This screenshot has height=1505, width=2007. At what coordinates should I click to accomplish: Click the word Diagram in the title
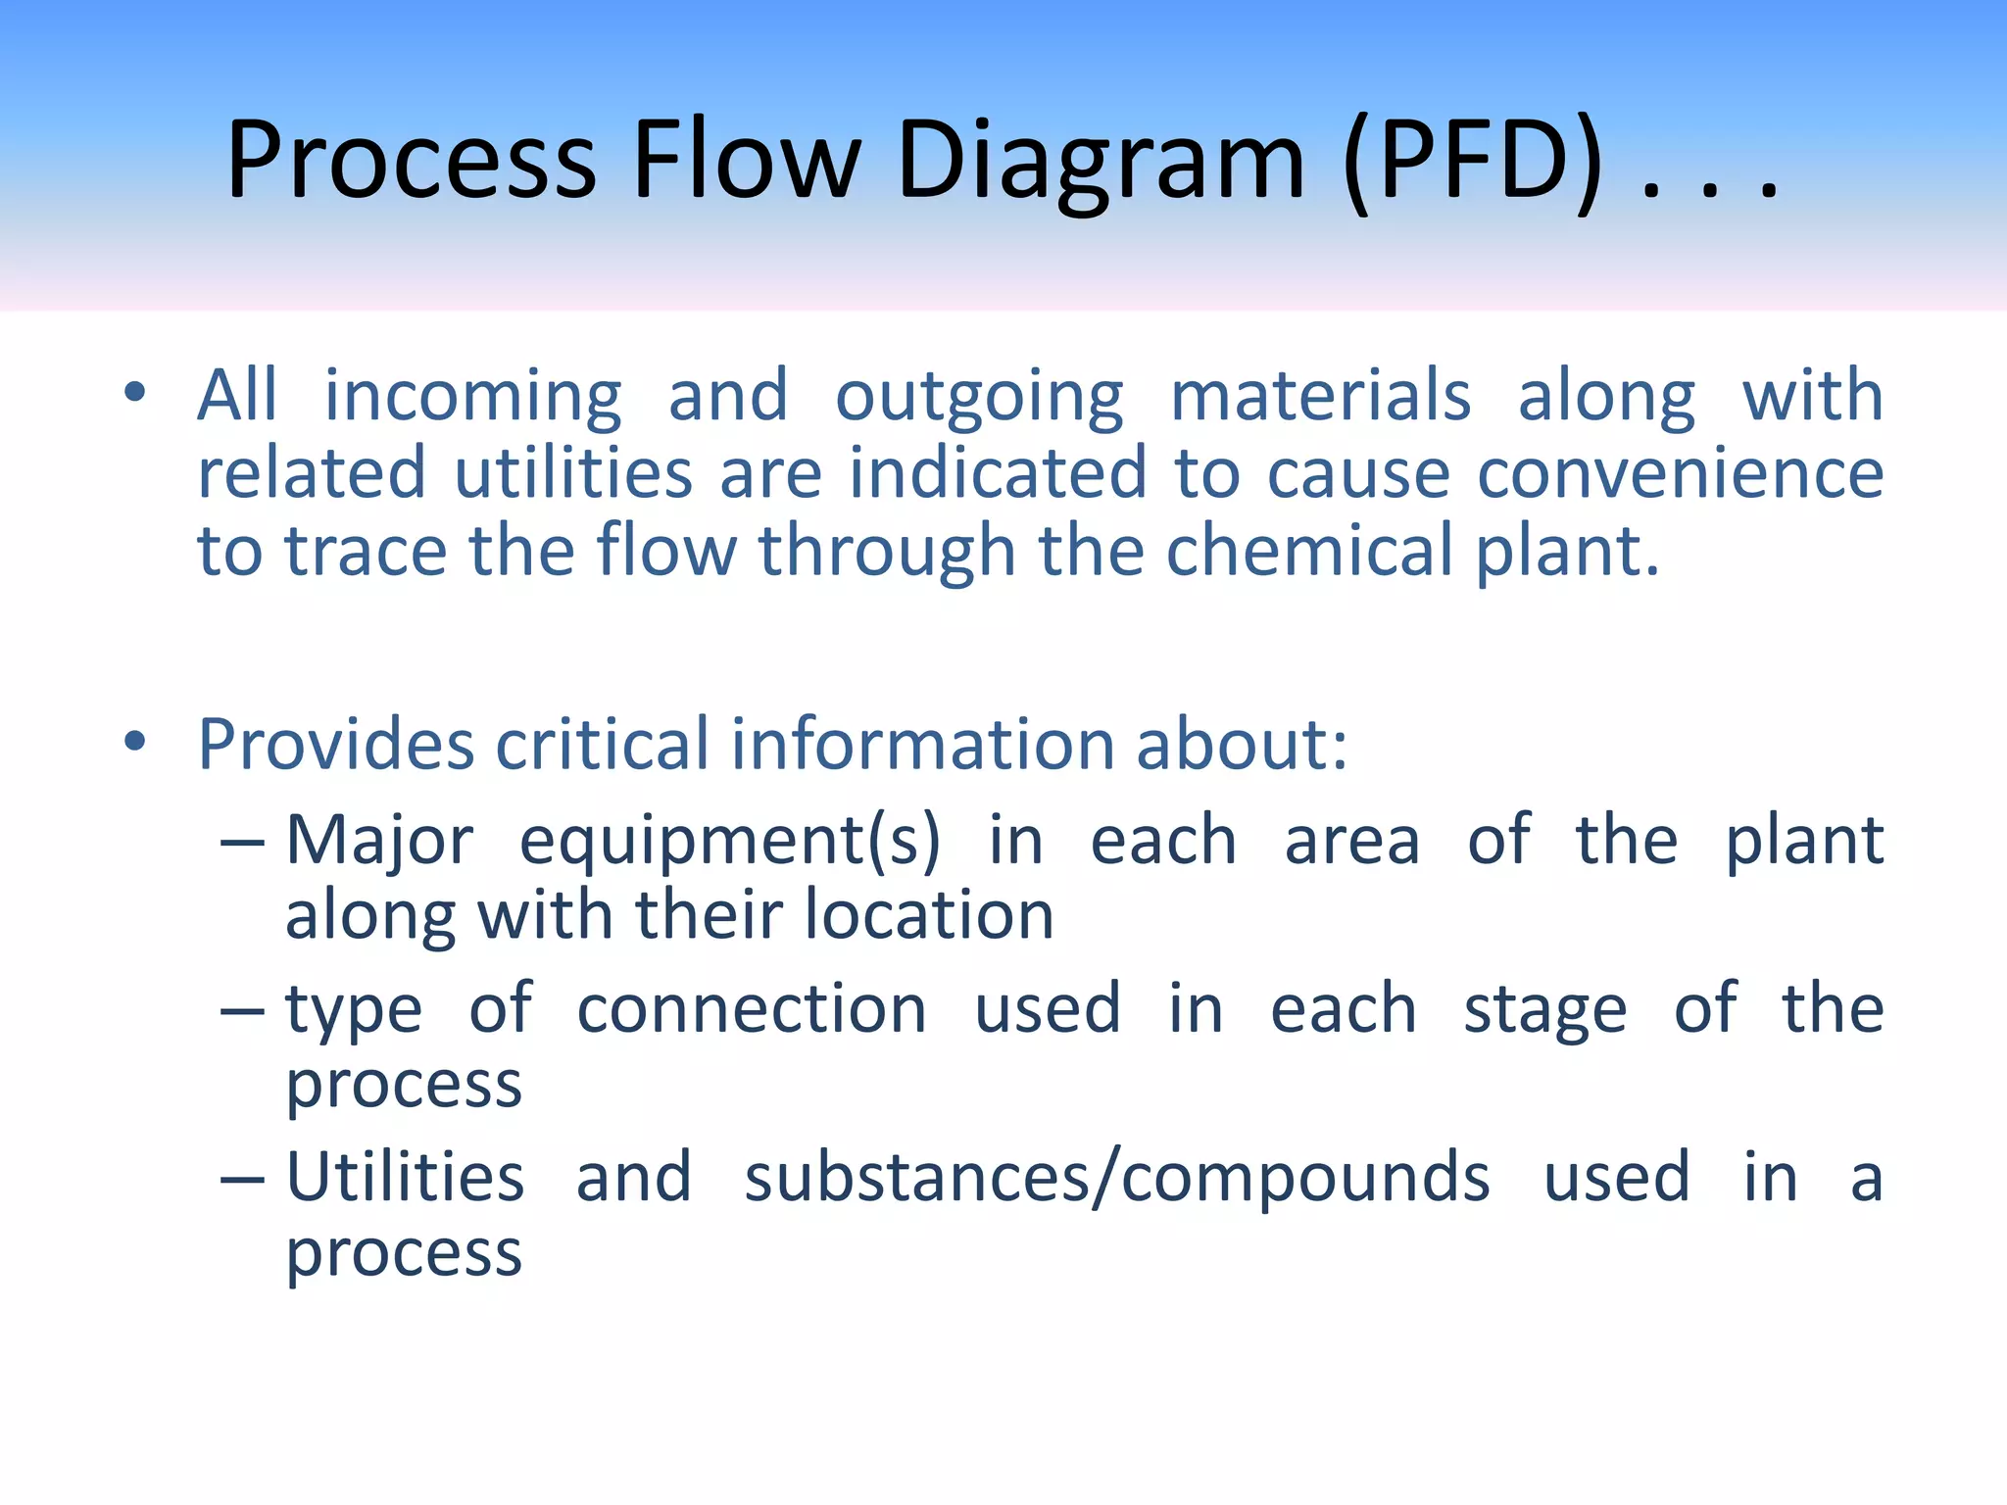(x=1100, y=162)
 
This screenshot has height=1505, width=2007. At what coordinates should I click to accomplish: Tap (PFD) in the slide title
(x=1473, y=162)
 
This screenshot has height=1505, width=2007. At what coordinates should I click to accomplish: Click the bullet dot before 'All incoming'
(x=135, y=393)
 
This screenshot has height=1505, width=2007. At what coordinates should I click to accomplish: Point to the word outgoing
(x=979, y=397)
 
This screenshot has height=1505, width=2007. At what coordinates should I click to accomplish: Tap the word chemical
(x=1309, y=551)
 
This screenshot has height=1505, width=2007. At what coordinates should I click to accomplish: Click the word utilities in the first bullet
(x=573, y=473)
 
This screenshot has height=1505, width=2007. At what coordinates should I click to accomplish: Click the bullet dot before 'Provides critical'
(x=135, y=742)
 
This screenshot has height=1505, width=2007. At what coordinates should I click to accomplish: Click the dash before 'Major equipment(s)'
(x=242, y=843)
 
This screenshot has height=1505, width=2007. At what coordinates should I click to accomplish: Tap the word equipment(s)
(x=729, y=843)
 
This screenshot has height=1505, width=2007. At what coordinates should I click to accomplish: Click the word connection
(x=751, y=1009)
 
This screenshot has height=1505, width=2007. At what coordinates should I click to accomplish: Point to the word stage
(x=1544, y=1011)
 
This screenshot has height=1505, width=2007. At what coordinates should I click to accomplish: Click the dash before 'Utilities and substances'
(x=242, y=1179)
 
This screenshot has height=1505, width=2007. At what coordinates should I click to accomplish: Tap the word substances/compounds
(x=1116, y=1178)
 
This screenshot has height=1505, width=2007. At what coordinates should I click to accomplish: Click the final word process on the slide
(x=404, y=1254)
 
